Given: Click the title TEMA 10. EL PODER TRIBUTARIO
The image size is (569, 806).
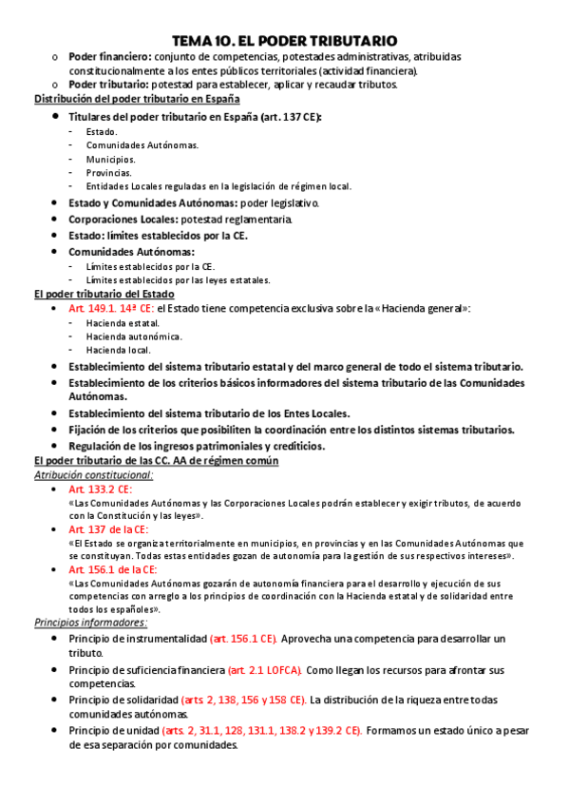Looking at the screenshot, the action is pyautogui.click(x=284, y=41).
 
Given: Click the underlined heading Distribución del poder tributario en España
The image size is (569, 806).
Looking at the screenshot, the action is pyautogui.click(x=137, y=99).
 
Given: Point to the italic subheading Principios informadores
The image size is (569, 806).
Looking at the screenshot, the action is pyautogui.click(x=90, y=623).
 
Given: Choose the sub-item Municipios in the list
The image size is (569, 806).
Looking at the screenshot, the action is pyautogui.click(x=110, y=159).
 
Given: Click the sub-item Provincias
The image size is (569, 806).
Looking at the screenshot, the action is pyautogui.click(x=108, y=173).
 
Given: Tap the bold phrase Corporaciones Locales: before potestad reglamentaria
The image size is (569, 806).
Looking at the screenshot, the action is pyautogui.click(x=122, y=220).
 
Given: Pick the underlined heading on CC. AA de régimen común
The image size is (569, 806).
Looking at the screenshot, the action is pyautogui.click(x=156, y=460).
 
